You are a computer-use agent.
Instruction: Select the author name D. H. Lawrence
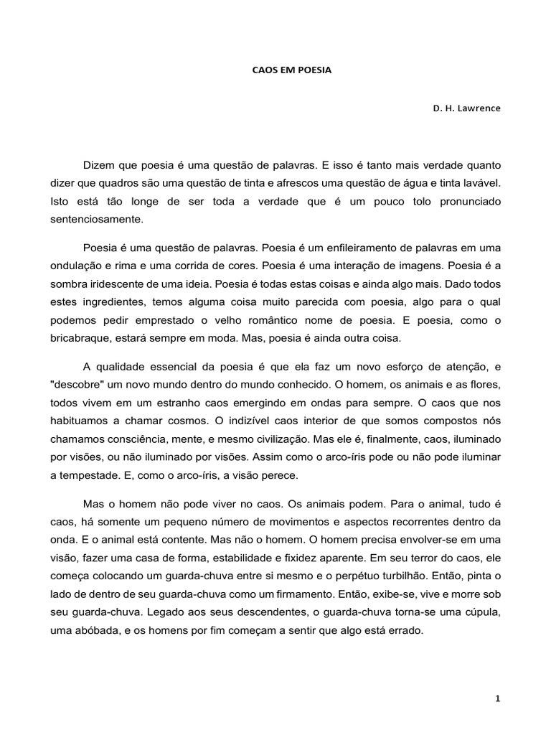click(466, 108)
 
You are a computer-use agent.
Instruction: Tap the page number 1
click(496, 700)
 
